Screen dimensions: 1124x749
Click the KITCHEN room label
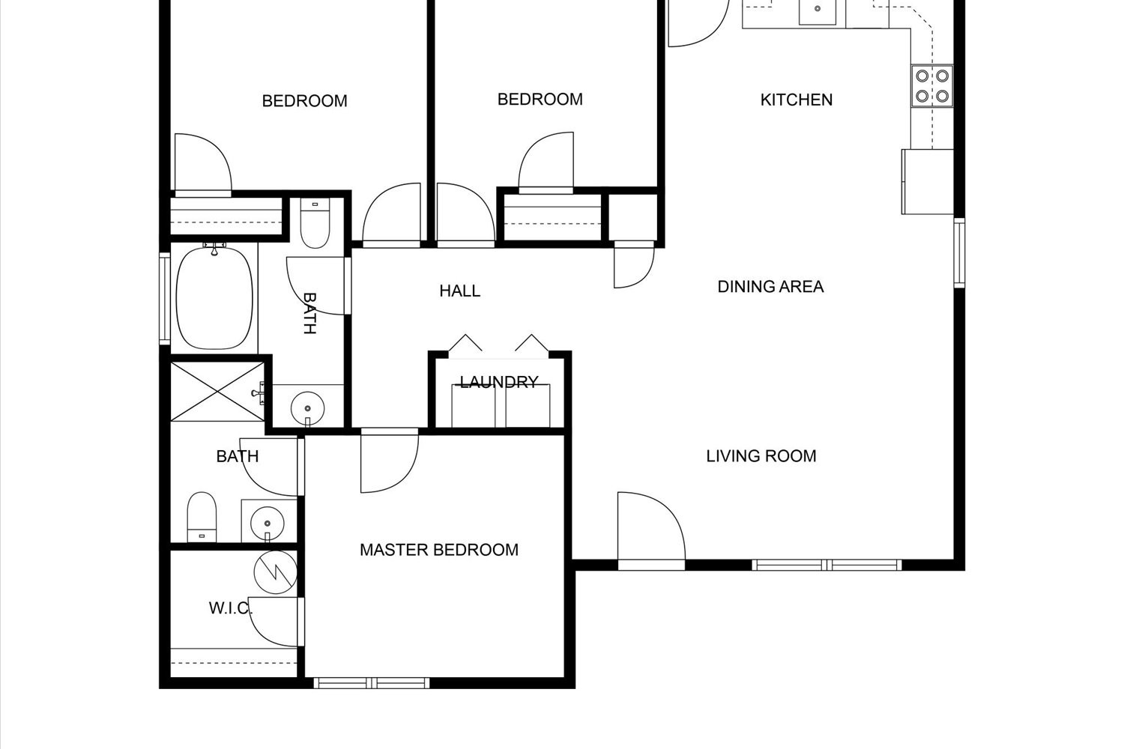point(797,100)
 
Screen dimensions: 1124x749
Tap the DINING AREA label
point(770,286)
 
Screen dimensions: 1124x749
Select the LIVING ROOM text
point(761,456)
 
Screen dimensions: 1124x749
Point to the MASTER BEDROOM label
point(439,550)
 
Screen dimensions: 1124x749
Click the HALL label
point(459,291)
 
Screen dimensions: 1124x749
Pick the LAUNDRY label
point(499,382)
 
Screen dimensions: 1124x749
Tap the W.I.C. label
point(230,608)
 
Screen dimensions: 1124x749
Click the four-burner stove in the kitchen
point(932,86)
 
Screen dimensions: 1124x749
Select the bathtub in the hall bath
point(214,298)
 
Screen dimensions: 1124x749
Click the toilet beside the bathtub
point(315,222)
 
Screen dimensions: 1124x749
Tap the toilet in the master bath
point(202,517)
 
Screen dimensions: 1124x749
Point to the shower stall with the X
point(217,391)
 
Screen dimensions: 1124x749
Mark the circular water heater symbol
point(276,572)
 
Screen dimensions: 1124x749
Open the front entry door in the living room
point(651,531)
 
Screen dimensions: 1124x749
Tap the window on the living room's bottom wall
point(827,565)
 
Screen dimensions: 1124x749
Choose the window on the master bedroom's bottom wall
point(372,683)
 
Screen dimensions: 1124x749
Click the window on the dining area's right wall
point(959,253)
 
